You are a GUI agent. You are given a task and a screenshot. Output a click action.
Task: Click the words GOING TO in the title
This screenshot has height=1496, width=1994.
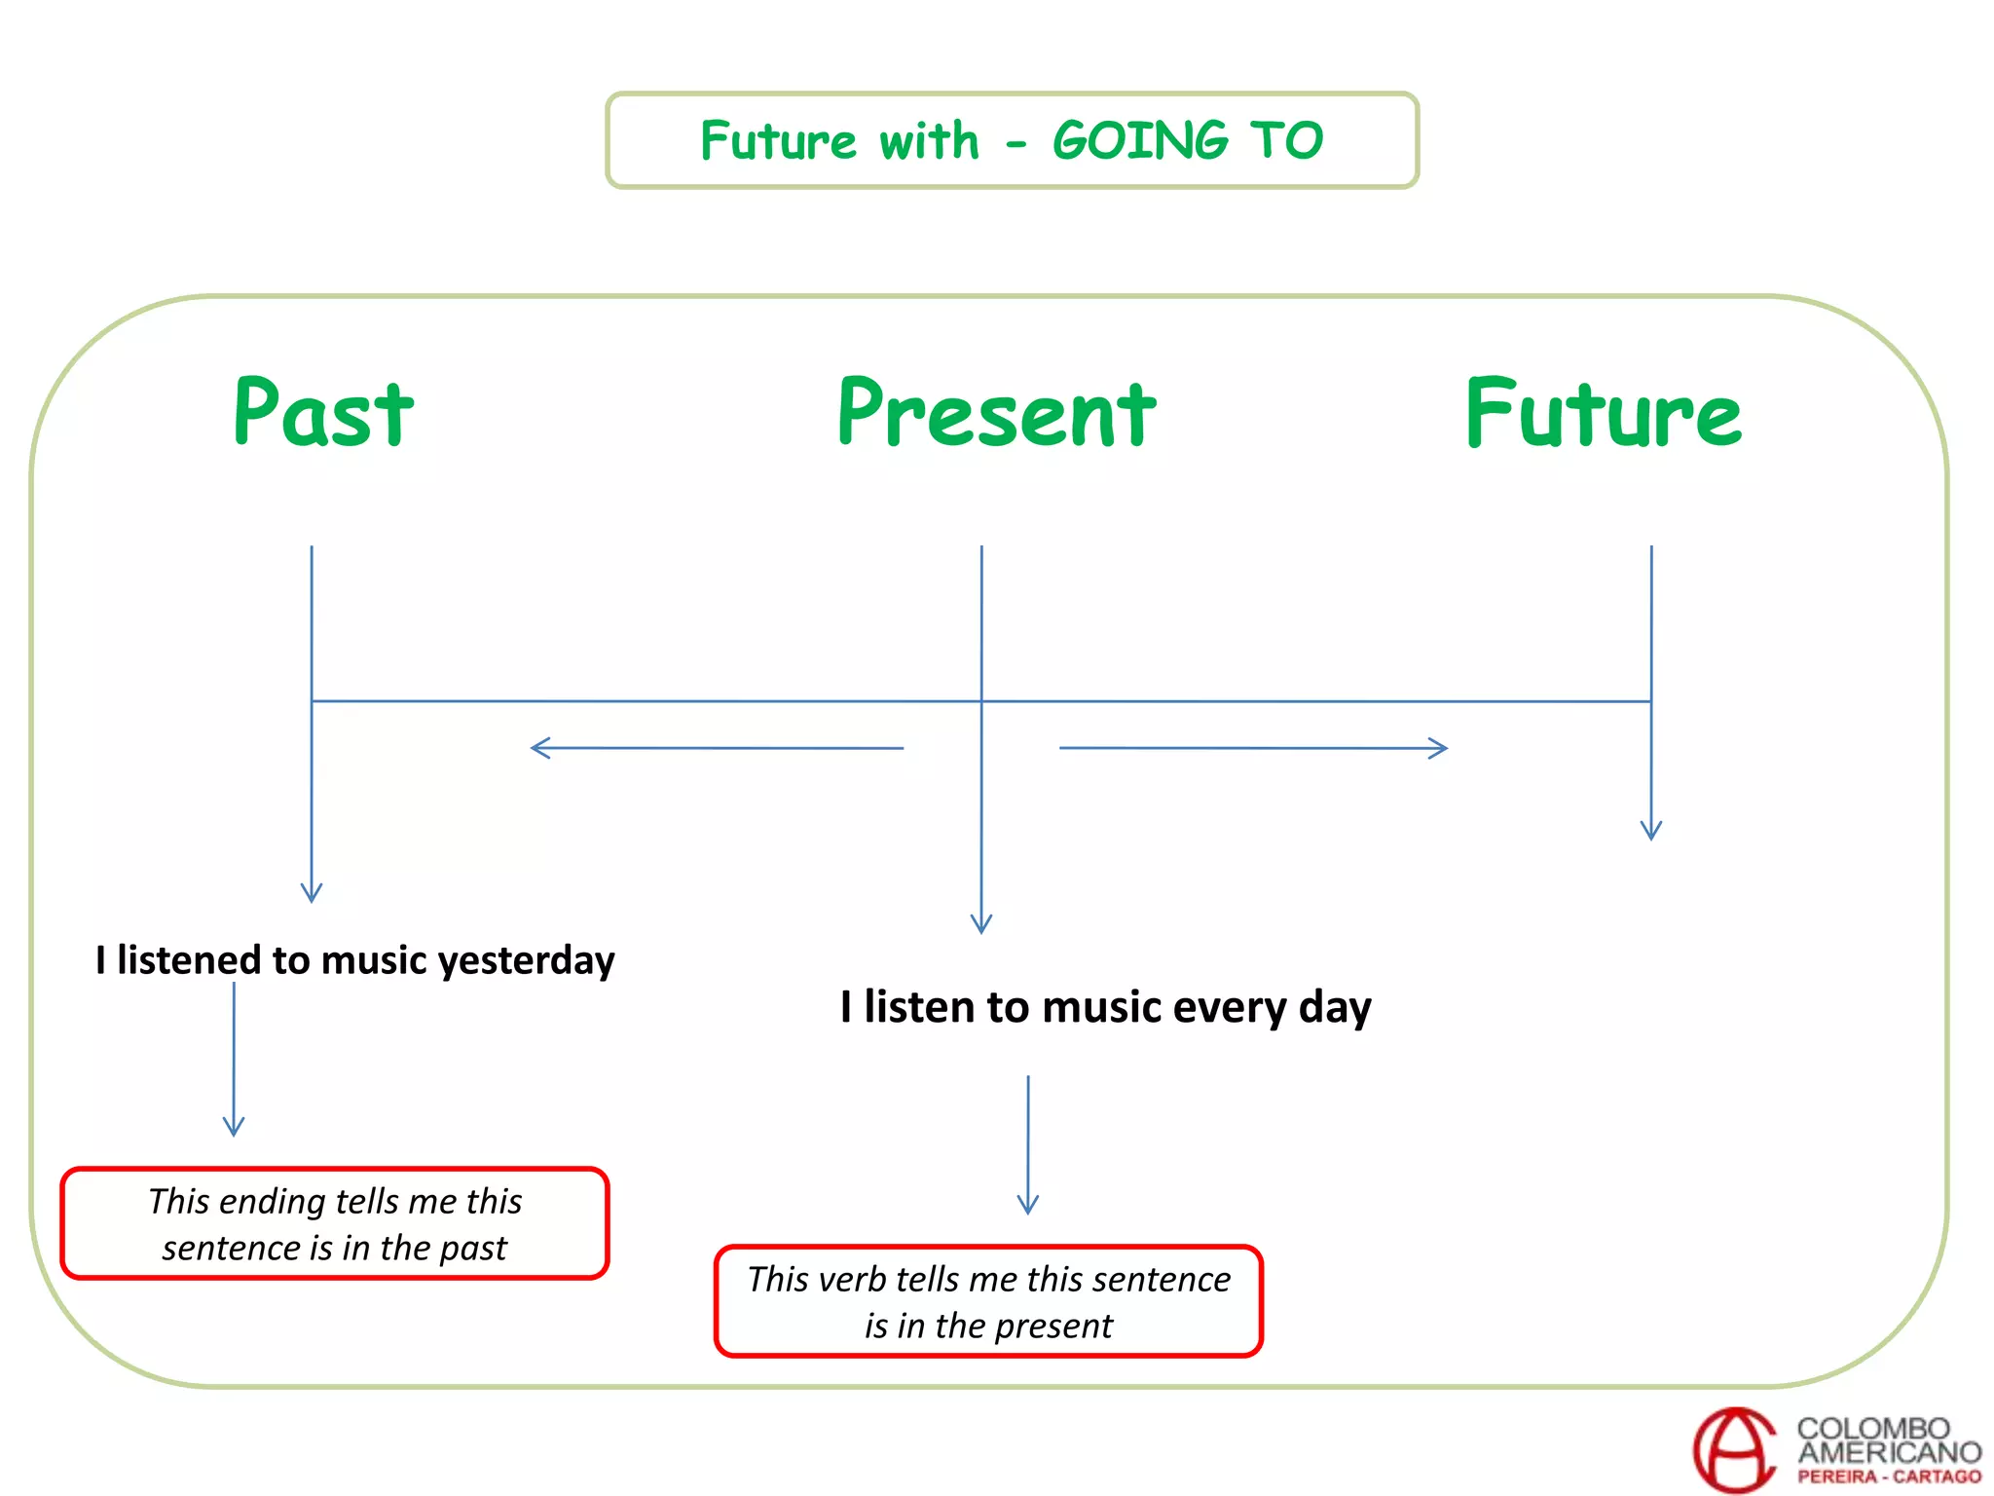(1188, 141)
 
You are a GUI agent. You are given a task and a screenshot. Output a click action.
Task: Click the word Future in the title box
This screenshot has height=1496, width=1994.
(778, 141)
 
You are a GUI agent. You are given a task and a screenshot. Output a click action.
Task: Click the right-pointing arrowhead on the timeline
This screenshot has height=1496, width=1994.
(1440, 748)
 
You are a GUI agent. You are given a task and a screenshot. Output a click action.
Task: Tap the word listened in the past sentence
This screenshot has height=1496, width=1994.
(189, 960)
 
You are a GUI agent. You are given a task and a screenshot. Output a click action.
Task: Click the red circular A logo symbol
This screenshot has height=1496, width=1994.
(1736, 1450)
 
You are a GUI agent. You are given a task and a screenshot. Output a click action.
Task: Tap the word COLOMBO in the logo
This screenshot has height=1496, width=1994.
(1873, 1429)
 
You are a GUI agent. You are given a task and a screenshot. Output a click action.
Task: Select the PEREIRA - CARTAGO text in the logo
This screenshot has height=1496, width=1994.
(1889, 1477)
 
